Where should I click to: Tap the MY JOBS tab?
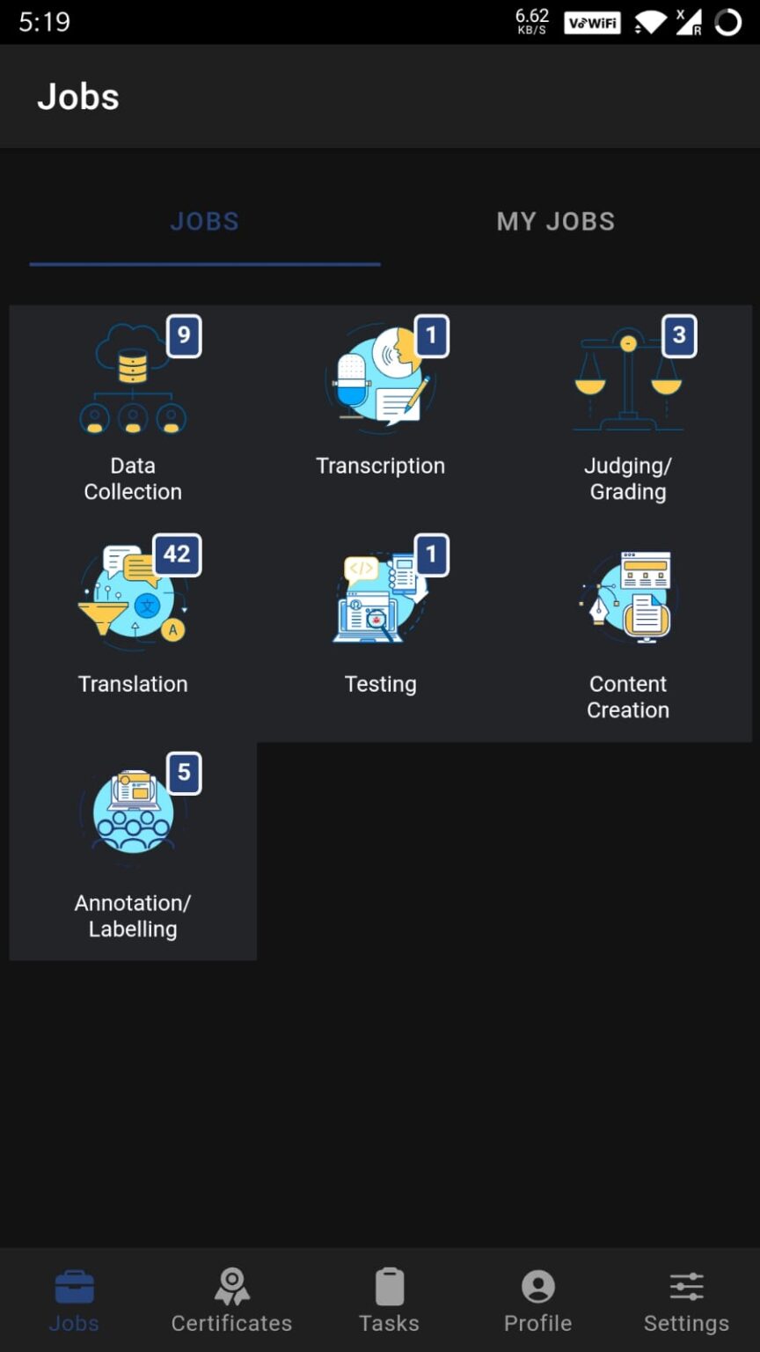(x=555, y=221)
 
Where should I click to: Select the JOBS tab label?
(x=204, y=221)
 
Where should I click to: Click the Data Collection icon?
(x=132, y=381)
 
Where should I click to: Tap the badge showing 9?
(x=184, y=335)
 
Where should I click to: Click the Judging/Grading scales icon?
(x=627, y=383)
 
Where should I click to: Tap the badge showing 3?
(x=679, y=335)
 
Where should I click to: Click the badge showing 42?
(x=177, y=555)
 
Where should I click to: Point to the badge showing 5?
(x=184, y=773)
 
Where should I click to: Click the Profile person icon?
(x=537, y=1287)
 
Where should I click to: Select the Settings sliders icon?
(x=686, y=1287)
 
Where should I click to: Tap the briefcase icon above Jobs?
(x=74, y=1287)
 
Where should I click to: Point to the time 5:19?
(x=44, y=22)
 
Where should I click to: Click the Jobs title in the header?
(x=78, y=97)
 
